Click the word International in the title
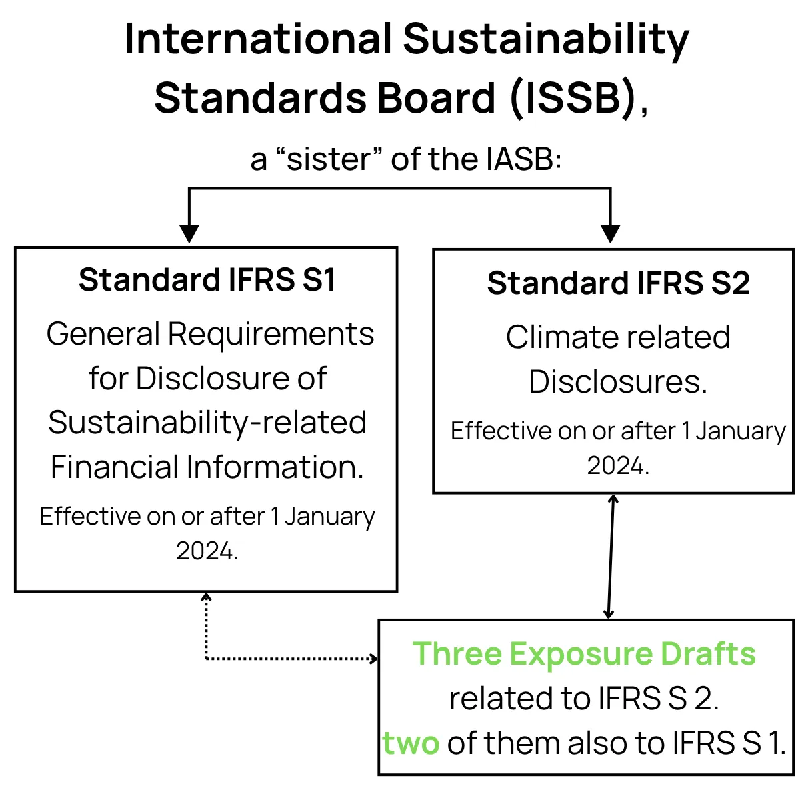[x=258, y=39]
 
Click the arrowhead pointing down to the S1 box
[x=189, y=234]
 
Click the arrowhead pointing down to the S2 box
[x=610, y=234]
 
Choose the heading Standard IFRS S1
[x=207, y=279]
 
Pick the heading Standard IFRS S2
[x=618, y=283]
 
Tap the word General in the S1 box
[x=103, y=334]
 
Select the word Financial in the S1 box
[x=115, y=467]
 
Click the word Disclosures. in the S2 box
[x=618, y=381]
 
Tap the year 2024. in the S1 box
[x=207, y=551]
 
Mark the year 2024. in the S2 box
[x=618, y=465]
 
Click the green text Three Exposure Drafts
[x=584, y=653]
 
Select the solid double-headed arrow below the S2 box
[x=611, y=556]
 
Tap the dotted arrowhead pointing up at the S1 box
[x=206, y=597]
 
